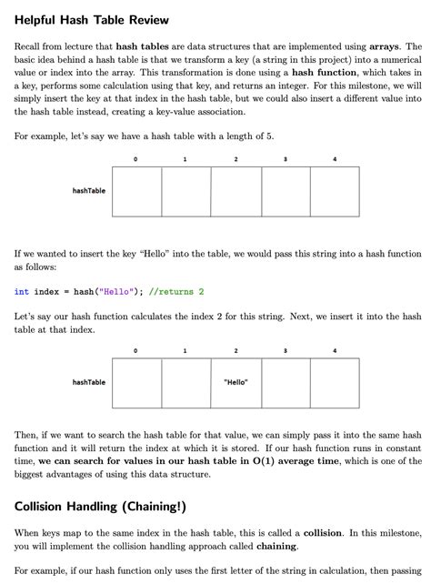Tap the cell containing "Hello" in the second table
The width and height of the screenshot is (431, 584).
point(236,382)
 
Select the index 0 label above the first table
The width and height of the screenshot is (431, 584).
point(136,160)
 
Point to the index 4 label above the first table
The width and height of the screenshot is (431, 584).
point(335,160)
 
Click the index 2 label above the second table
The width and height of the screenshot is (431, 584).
point(236,350)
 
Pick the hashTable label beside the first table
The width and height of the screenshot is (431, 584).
point(88,191)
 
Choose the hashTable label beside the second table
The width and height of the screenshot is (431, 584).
point(88,382)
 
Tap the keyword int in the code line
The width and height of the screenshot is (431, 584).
point(22,292)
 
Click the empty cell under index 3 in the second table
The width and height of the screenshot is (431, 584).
point(286,382)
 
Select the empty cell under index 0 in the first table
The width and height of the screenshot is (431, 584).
point(136,191)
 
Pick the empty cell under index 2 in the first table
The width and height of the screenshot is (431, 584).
point(236,191)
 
